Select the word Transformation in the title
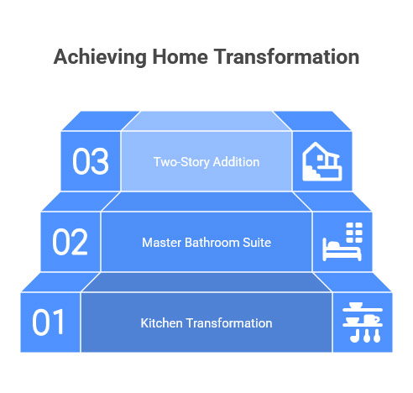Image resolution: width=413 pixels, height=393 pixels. click(x=287, y=57)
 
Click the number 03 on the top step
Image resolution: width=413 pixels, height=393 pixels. click(x=91, y=161)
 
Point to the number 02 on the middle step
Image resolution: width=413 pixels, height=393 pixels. click(x=71, y=242)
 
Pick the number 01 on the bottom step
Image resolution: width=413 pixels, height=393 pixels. click(x=49, y=322)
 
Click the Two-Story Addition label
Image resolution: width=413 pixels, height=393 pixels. click(x=206, y=161)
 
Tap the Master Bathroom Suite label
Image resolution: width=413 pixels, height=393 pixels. click(x=206, y=243)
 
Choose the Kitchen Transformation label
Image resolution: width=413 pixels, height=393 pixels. click(x=206, y=323)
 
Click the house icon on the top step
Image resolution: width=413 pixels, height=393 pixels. click(x=322, y=161)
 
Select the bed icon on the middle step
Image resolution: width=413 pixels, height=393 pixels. click(x=342, y=242)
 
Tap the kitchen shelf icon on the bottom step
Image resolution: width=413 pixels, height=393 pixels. click(x=363, y=322)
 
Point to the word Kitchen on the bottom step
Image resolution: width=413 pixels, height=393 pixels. click(x=160, y=323)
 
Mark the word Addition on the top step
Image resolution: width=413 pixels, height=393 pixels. click(x=236, y=161)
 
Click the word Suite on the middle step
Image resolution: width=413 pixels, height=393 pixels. click(x=256, y=243)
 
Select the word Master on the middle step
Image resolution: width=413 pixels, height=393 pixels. click(x=161, y=243)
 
